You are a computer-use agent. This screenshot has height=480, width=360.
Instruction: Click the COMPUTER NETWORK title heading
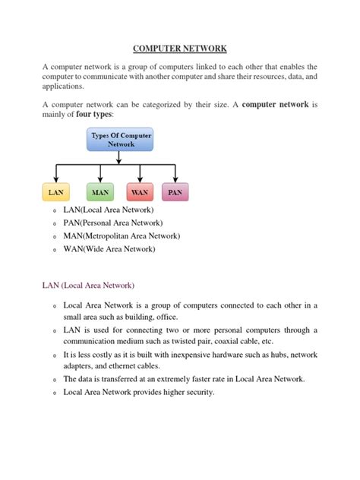[180, 49]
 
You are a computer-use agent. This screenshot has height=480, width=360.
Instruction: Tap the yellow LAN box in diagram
[55, 193]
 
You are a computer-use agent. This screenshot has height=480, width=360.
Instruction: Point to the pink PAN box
[175, 193]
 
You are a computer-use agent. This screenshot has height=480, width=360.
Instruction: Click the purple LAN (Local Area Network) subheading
[87, 286]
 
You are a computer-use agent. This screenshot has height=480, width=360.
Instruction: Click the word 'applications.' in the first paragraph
[64, 87]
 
